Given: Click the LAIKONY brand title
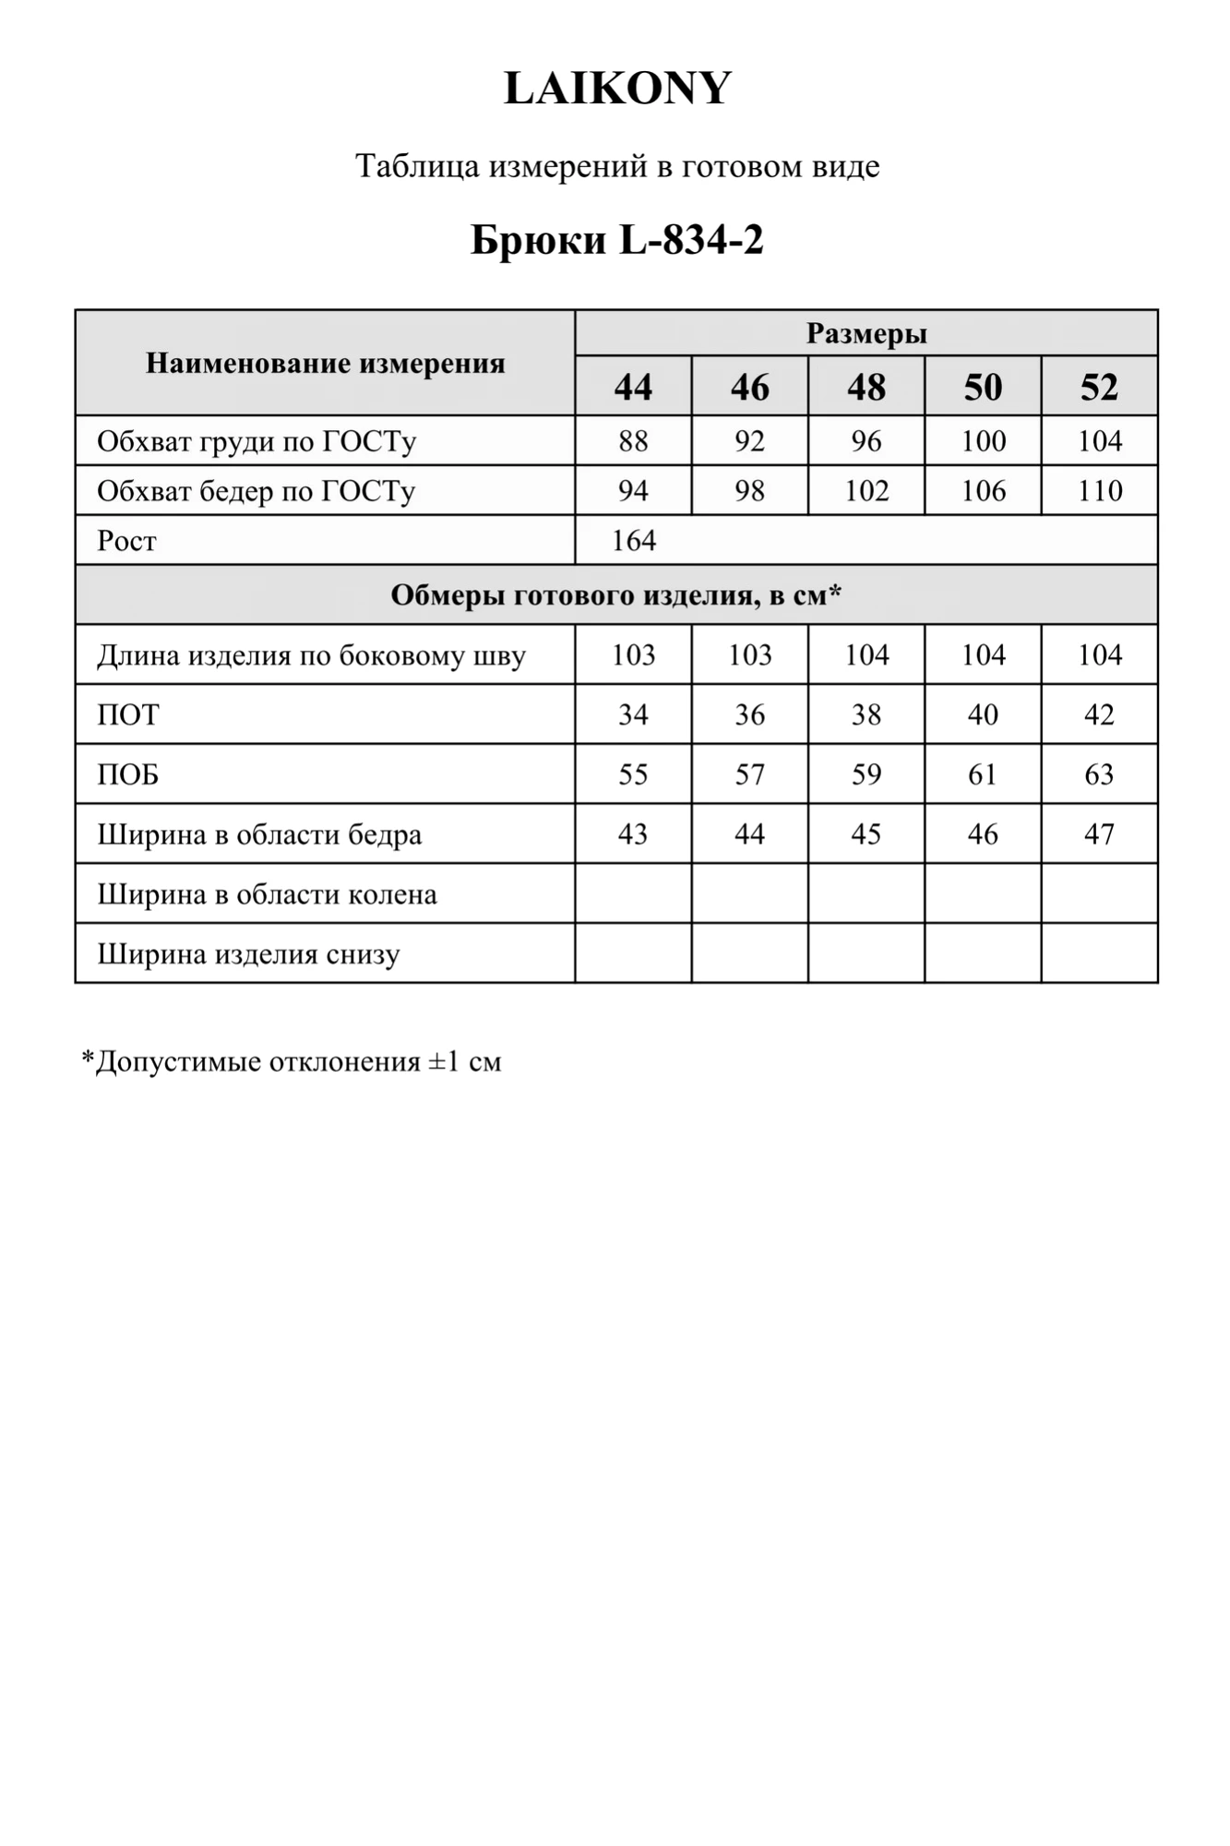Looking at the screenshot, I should (616, 89).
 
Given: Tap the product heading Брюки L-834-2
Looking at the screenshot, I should (616, 241).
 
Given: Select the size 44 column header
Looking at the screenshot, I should (633, 387).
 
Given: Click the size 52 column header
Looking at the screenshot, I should (1099, 387).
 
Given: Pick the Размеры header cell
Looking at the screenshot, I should (866, 333).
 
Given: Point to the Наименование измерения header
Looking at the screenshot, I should (325, 363).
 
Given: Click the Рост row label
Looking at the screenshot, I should (127, 540).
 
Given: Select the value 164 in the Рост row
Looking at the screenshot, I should (634, 540).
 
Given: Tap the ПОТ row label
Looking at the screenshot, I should (128, 714).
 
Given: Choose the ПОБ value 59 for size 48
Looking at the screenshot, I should (866, 774).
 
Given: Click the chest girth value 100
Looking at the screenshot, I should (983, 441).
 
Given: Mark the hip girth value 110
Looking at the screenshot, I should (1099, 491).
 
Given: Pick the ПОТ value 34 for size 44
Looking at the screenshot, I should (633, 714).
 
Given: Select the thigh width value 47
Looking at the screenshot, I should (1099, 834).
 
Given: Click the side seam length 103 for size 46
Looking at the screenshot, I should (749, 655).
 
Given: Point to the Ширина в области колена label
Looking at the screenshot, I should (267, 894).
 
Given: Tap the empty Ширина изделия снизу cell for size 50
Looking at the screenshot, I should (983, 953).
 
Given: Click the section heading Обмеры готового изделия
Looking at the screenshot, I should (615, 595).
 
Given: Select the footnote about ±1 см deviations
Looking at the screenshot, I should (292, 1061).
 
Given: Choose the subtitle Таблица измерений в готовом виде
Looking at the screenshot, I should (616, 166).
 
